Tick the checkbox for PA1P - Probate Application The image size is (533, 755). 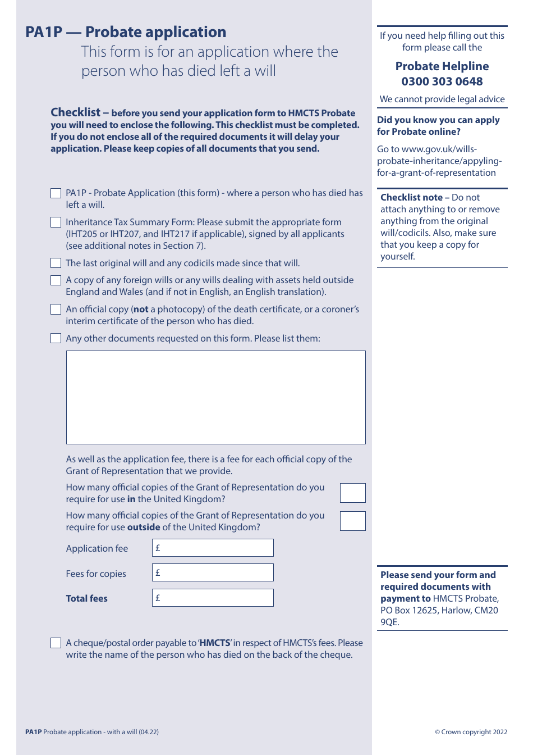56,193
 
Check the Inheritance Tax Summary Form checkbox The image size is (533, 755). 56,222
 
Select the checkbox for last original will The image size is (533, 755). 56,263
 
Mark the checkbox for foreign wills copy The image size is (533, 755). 56,280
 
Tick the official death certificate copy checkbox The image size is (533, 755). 56,310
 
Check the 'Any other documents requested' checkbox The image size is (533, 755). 56,338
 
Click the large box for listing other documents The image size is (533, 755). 215,397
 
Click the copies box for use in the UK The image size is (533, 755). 352,493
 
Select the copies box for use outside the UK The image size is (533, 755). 352,521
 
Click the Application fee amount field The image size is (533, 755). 213,548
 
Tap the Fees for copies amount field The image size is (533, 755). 213,572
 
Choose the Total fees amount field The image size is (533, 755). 213,598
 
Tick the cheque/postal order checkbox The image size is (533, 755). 56,643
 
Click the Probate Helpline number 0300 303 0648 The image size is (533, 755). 442,81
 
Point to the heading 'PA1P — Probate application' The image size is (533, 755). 126,32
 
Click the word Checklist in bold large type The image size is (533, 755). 75,112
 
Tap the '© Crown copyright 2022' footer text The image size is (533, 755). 471,732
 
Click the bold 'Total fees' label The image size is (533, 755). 86,598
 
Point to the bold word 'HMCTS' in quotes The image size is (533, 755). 215,643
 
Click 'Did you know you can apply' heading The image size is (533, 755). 438,120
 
